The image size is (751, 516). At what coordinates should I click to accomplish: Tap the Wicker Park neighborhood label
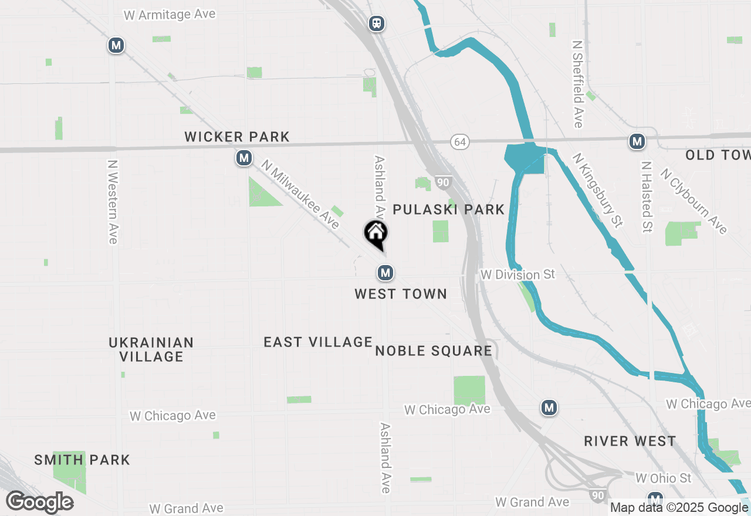(x=237, y=137)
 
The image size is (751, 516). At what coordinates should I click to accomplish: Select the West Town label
(x=401, y=294)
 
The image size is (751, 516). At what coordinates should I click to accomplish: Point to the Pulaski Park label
(x=449, y=210)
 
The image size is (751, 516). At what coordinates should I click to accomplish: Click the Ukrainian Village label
(x=151, y=349)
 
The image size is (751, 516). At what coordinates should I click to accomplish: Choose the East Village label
(x=318, y=342)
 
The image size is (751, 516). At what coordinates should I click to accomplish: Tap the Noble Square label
(x=434, y=351)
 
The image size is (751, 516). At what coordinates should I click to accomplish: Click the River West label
(x=630, y=442)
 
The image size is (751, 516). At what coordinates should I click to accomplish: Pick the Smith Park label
(x=82, y=460)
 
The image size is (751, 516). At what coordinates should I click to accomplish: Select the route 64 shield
(x=461, y=142)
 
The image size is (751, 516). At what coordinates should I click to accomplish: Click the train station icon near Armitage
(x=377, y=23)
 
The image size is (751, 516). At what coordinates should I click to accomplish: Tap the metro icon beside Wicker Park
(x=244, y=158)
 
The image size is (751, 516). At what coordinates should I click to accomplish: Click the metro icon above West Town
(x=385, y=273)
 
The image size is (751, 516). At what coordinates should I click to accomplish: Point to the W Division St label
(x=517, y=274)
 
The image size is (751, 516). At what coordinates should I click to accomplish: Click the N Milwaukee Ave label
(x=301, y=195)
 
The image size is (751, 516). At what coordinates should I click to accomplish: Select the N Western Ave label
(x=113, y=202)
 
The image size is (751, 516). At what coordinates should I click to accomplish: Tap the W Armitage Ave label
(x=170, y=15)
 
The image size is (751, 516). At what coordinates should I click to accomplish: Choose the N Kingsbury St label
(x=597, y=191)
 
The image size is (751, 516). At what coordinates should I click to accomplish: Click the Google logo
(x=40, y=502)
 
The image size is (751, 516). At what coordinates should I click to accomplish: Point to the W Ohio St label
(x=664, y=478)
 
